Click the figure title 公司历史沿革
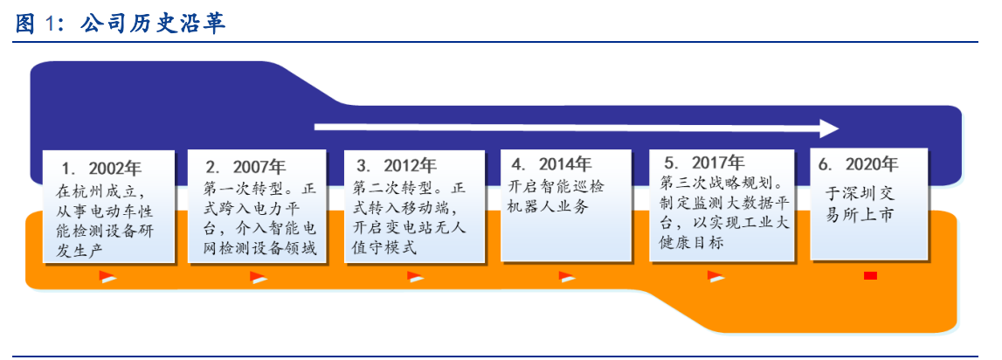pos(153,23)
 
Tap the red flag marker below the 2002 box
pos(107,278)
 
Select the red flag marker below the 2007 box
pos(259,278)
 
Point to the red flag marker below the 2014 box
pos(567,278)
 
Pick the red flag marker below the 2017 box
pos(716,278)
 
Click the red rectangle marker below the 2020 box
pos(870,277)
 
